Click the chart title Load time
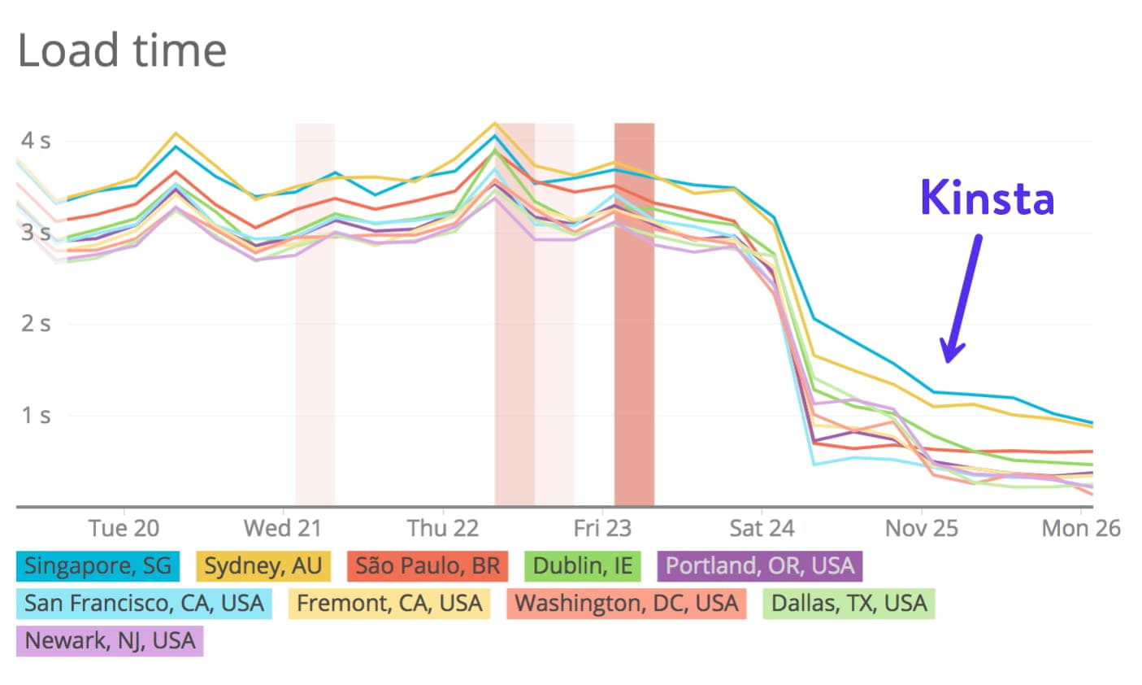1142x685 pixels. pyautogui.click(x=122, y=50)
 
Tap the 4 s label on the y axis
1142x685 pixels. pyautogui.click(x=35, y=141)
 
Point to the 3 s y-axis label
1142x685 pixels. pyautogui.click(x=35, y=233)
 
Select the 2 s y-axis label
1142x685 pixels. pyautogui.click(x=35, y=324)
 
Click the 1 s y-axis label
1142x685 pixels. pyautogui.click(x=35, y=415)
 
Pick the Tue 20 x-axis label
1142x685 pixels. pyautogui.click(x=124, y=529)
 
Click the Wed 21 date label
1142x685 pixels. pyautogui.click(x=282, y=529)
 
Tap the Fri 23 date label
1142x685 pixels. pyautogui.click(x=601, y=529)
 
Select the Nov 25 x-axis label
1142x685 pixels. pyautogui.click(x=922, y=529)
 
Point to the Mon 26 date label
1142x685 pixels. pyautogui.click(x=1080, y=529)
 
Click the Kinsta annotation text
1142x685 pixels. pyautogui.click(x=987, y=198)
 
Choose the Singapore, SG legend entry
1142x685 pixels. pyautogui.click(x=98, y=565)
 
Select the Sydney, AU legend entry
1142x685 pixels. pyautogui.click(x=263, y=565)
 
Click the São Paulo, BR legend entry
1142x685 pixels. pyautogui.click(x=428, y=565)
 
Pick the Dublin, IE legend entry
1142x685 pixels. pyautogui.click(x=582, y=565)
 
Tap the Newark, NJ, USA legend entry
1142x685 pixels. pyautogui.click(x=110, y=640)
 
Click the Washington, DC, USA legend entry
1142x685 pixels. pyautogui.click(x=626, y=603)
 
